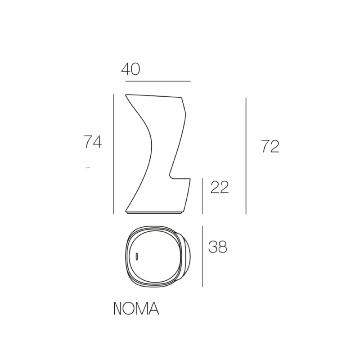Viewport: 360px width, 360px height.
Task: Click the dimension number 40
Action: (130, 69)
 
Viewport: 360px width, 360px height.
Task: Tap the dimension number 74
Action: (93, 142)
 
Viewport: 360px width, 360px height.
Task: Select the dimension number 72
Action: (270, 146)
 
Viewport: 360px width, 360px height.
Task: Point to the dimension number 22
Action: (220, 187)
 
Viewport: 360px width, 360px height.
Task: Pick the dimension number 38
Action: (218, 247)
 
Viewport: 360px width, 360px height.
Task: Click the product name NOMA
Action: (136, 308)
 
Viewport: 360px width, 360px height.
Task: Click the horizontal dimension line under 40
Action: (158, 81)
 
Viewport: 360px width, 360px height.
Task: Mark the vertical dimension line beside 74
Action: (113, 154)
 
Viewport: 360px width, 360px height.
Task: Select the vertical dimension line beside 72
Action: (246, 156)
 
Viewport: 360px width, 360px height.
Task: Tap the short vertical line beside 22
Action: (202, 196)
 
